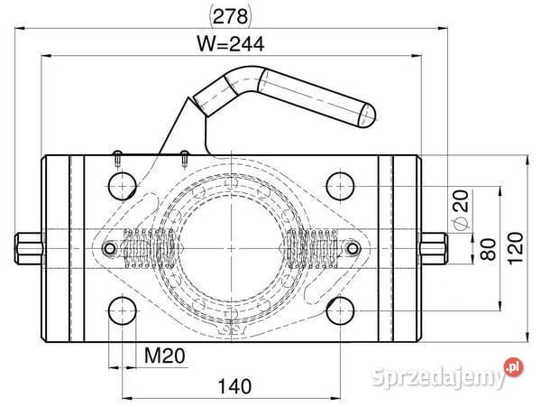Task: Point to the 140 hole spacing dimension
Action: (234, 386)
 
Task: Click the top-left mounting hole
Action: (121, 185)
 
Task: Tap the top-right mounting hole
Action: (340, 185)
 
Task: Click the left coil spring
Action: (148, 247)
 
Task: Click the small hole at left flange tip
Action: (110, 248)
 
